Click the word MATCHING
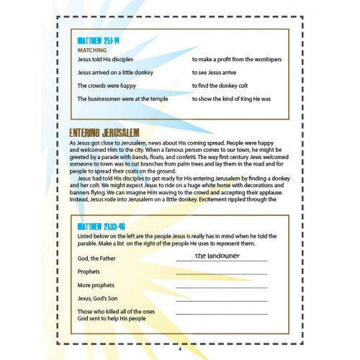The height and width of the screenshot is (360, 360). [92, 50]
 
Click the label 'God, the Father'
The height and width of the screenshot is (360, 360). [99, 258]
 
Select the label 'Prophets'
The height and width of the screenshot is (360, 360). [90, 273]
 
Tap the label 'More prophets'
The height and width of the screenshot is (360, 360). [97, 287]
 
